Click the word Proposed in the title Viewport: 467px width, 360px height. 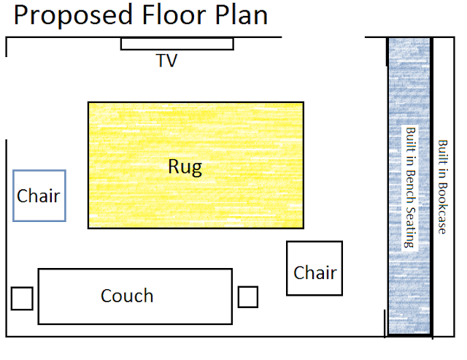[x=73, y=15]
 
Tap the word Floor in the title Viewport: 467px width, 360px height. [x=174, y=15]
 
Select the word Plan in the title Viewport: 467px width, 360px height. [x=242, y=15]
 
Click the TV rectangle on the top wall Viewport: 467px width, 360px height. [x=177, y=44]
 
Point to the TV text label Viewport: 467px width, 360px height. [x=166, y=61]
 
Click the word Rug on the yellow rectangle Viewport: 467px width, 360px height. [x=185, y=167]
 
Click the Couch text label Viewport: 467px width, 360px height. [x=127, y=296]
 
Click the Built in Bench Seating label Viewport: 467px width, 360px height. [x=410, y=188]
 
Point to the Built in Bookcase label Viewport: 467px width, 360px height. [x=443, y=187]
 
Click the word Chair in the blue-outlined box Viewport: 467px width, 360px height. [x=39, y=196]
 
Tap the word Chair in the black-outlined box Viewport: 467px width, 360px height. [x=315, y=272]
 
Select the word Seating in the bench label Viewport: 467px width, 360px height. [x=410, y=227]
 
